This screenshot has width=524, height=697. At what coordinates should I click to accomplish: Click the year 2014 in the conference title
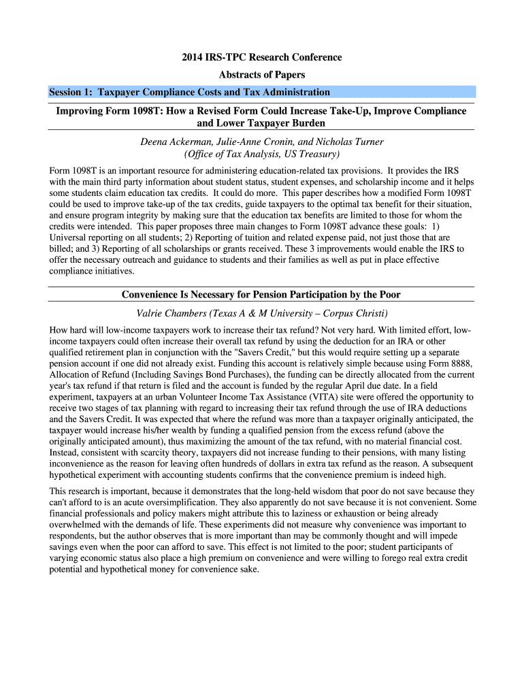tap(193, 57)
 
